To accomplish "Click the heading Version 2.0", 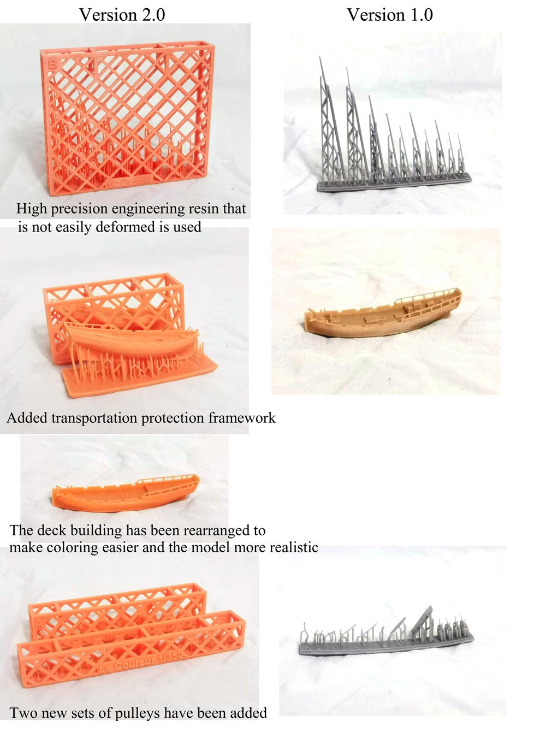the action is pos(122,15).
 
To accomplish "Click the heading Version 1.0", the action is pos(390,15).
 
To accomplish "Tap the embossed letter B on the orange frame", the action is pos(52,64).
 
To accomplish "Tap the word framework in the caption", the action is pos(242,418).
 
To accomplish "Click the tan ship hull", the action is pos(383,314).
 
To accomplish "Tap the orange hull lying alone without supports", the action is pos(126,494).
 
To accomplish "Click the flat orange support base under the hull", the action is pos(140,377).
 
